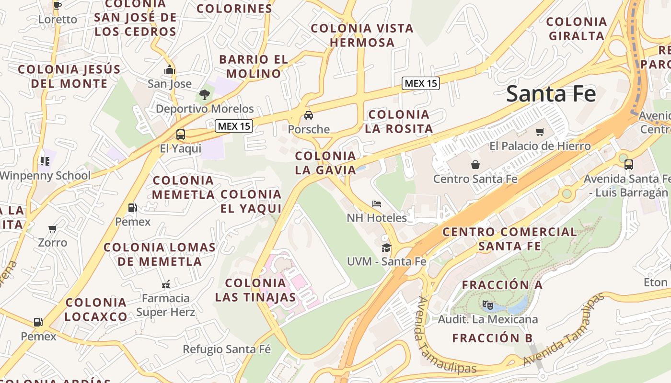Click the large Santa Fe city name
[x=551, y=93]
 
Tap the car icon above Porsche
[x=309, y=115]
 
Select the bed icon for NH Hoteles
[x=377, y=204]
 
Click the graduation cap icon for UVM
[x=386, y=248]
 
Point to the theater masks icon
[x=488, y=304]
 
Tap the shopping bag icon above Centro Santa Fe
[x=475, y=165]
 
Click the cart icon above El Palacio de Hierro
[x=540, y=132]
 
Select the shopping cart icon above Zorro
[x=53, y=228]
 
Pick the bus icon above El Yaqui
[x=181, y=135]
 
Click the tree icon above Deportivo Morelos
[x=205, y=94]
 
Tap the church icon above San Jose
[x=169, y=70]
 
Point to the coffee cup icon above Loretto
[x=58, y=6]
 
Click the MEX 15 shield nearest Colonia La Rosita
[x=420, y=83]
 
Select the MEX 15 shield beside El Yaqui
[x=233, y=126]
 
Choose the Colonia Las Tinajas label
[x=255, y=290]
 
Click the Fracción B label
[x=492, y=338]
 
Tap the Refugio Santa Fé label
[x=227, y=349]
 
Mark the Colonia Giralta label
[x=577, y=29]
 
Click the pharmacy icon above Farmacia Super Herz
[x=166, y=284]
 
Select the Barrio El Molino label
[x=254, y=67]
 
